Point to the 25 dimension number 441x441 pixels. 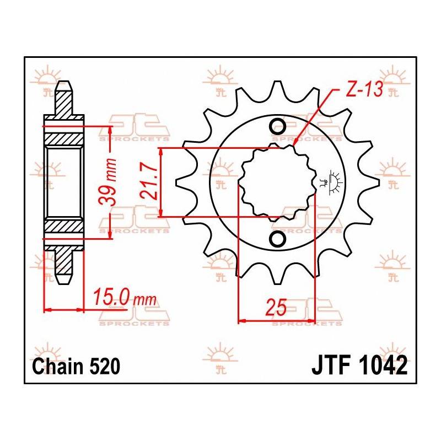tap(276, 307)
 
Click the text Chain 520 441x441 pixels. tap(76, 366)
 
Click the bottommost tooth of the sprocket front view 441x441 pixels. tap(276, 276)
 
